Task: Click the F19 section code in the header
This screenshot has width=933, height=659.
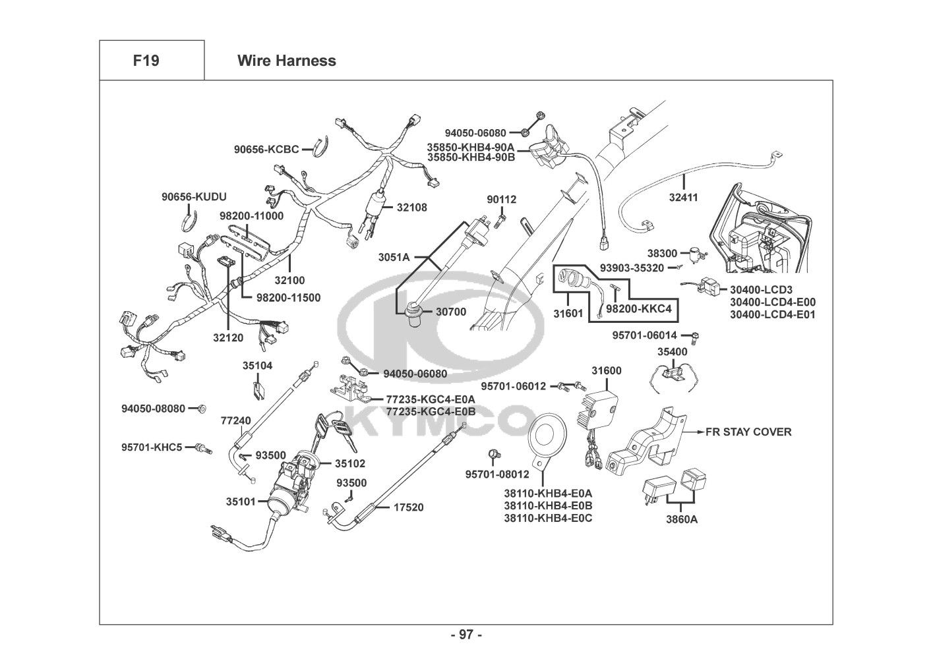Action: click(146, 61)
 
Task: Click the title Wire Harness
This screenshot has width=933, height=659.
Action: click(286, 61)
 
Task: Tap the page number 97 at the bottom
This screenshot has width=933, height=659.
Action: click(466, 635)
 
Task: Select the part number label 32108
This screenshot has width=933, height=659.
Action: click(411, 207)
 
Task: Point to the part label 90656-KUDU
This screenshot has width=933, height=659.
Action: click(194, 196)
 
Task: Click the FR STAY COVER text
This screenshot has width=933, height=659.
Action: click(748, 432)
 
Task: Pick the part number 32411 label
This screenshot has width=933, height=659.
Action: click(683, 197)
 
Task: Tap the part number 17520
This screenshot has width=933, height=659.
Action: click(409, 507)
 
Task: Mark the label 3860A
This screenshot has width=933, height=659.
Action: click(680, 519)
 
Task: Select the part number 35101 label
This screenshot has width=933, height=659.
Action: click(241, 501)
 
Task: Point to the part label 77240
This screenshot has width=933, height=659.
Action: click(235, 420)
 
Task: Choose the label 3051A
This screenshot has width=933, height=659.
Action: click(394, 256)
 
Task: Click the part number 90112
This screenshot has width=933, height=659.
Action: click(502, 200)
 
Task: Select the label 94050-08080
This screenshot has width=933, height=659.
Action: click(153, 409)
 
